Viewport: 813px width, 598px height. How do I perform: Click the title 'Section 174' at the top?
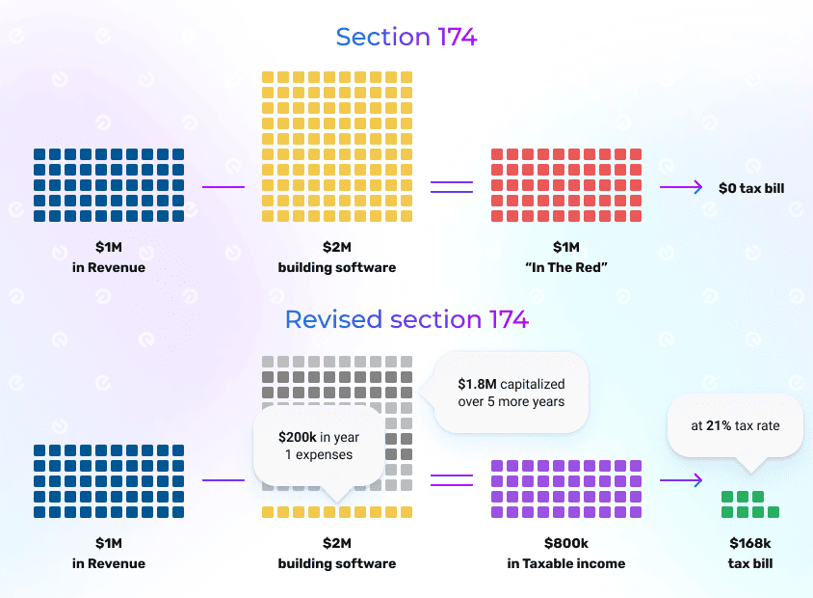click(x=406, y=38)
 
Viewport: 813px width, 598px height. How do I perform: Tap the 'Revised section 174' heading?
click(x=406, y=319)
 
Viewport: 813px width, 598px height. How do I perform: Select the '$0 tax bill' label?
click(x=751, y=188)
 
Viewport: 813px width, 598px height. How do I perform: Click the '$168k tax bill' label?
click(x=751, y=555)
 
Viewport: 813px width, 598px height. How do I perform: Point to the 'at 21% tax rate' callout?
click(x=735, y=425)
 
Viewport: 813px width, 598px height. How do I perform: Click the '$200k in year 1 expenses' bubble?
click(x=317, y=446)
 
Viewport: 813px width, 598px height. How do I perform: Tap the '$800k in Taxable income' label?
click(x=565, y=555)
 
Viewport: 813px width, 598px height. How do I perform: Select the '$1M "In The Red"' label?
click(x=565, y=258)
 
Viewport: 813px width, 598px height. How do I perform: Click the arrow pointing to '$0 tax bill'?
click(x=681, y=188)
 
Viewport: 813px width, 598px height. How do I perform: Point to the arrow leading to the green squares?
click(x=681, y=479)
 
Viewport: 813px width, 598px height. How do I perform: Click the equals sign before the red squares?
click(x=451, y=187)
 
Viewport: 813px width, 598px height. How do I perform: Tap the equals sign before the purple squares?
click(x=451, y=479)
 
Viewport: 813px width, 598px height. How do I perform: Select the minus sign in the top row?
click(x=223, y=187)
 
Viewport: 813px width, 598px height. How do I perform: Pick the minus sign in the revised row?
click(x=223, y=479)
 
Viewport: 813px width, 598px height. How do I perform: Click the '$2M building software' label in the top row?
click(x=336, y=258)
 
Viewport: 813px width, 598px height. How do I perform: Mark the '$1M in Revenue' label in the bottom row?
click(x=108, y=555)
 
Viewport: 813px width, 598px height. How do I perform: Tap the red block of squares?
click(x=565, y=185)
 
